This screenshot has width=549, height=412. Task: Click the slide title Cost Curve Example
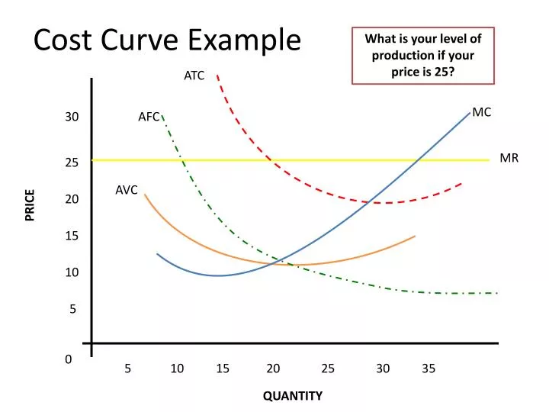[167, 39]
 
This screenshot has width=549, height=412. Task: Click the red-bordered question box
[422, 56]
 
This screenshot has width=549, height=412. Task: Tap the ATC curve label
[194, 76]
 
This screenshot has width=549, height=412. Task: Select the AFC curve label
[149, 117]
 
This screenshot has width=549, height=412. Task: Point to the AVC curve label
[127, 190]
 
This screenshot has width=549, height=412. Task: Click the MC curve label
[482, 112]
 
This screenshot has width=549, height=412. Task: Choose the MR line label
[509, 158]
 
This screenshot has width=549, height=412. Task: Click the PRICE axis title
[30, 204]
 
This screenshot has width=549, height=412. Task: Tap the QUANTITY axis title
[293, 395]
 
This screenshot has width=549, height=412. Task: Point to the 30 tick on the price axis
[72, 117]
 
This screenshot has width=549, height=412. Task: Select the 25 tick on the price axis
[72, 163]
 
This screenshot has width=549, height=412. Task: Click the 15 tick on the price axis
[72, 236]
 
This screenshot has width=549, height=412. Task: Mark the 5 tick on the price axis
[73, 309]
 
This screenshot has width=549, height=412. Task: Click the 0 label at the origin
[69, 359]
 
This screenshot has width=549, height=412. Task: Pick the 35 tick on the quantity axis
[429, 369]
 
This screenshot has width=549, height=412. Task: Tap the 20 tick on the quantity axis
[273, 369]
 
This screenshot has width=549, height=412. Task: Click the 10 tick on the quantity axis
[177, 369]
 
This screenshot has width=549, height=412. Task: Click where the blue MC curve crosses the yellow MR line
[416, 160]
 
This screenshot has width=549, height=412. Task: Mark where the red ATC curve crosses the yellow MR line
[268, 160]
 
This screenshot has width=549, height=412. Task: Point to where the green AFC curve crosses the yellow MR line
[183, 160]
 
